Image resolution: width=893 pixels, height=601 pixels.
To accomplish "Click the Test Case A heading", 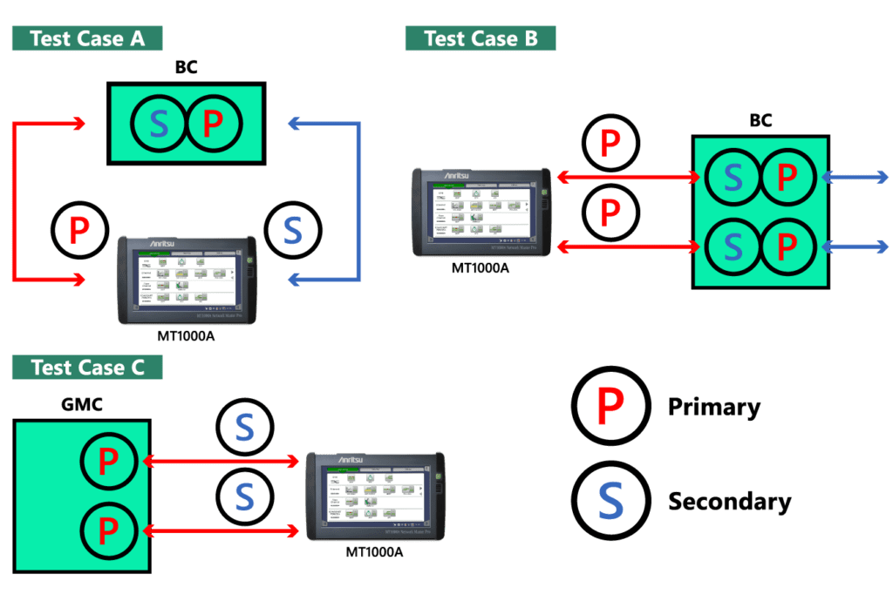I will point(86,38).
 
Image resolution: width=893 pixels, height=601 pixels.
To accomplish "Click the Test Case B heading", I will point(481,38).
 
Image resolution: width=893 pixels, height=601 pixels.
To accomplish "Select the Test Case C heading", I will point(87,367).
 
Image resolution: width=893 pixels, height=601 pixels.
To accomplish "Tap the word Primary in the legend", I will point(713,407).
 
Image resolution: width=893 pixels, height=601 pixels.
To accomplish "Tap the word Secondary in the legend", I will point(729,502).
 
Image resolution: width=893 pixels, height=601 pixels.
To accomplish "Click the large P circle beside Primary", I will point(610,403).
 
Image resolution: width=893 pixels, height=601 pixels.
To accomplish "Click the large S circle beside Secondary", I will point(610,499).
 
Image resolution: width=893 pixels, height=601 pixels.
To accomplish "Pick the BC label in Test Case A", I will point(186,67).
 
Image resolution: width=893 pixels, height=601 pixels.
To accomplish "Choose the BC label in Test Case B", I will point(760,120).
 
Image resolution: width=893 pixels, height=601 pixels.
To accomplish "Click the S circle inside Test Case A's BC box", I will point(159,125).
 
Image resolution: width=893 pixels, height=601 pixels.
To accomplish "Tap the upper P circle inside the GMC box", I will point(108,462).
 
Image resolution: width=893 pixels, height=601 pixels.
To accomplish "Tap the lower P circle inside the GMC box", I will point(108,529).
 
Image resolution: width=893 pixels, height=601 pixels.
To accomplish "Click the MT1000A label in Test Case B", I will point(480,268).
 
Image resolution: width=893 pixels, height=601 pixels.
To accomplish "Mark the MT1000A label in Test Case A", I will point(187,334).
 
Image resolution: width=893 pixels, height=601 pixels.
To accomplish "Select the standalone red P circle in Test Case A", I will point(79,229).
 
